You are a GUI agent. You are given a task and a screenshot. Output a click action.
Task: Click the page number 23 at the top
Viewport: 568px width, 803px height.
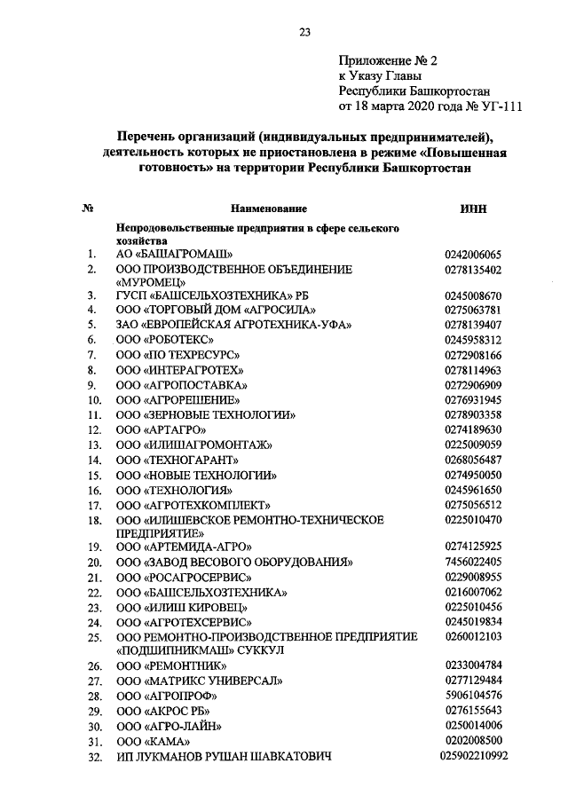pos(304,33)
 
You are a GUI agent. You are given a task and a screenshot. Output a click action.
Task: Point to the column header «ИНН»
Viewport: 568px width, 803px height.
pos(472,209)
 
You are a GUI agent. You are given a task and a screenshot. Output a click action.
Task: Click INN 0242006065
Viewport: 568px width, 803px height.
pos(472,255)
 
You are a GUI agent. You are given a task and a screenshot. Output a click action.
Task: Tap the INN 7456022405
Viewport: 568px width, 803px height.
pos(472,562)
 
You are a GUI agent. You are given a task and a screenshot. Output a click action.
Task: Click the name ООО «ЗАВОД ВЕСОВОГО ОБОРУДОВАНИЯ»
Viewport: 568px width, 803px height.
pos(235,562)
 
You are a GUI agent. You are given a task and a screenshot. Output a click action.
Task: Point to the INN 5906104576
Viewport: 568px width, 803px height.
pos(472,694)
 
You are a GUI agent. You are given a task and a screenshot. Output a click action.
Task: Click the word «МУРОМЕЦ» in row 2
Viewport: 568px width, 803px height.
pos(150,281)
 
